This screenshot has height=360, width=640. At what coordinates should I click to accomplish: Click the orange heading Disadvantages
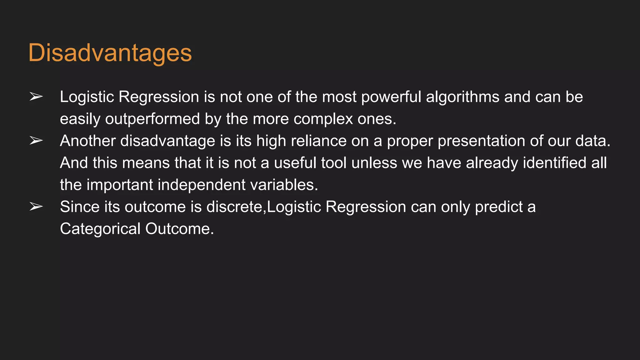click(x=110, y=53)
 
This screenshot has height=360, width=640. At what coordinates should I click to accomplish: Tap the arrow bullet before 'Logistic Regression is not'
click(x=36, y=97)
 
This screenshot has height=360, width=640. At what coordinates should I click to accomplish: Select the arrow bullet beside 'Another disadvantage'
click(x=36, y=141)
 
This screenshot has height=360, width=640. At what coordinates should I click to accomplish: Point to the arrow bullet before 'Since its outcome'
click(x=36, y=207)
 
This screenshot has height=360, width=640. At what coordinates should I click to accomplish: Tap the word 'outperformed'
click(x=152, y=119)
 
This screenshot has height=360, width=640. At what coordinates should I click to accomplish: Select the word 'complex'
click(x=323, y=119)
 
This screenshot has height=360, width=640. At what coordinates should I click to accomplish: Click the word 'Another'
click(x=88, y=141)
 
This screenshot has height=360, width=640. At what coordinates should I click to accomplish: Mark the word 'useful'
click(x=294, y=163)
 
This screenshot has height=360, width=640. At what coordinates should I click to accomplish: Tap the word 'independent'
click(x=202, y=185)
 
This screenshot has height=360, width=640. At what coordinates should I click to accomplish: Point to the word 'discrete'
click(x=234, y=207)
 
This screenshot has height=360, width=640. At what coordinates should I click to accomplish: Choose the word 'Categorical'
click(x=100, y=229)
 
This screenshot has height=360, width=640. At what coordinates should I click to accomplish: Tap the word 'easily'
click(x=80, y=119)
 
